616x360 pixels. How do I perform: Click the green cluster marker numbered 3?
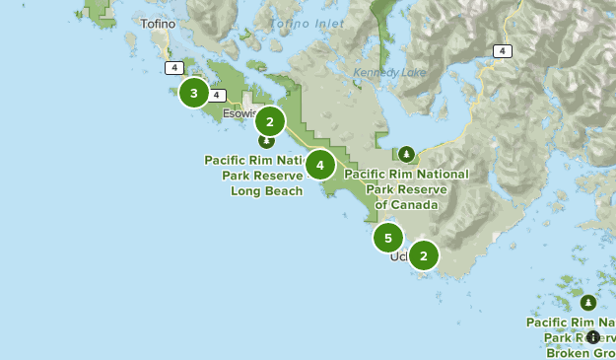193,94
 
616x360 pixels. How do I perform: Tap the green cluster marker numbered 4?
319,165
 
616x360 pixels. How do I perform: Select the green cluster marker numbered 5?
388,238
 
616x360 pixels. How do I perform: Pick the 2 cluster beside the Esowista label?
269,121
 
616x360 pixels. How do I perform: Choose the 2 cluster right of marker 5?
423,255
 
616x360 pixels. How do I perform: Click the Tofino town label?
158,24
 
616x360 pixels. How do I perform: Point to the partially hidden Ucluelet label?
398,256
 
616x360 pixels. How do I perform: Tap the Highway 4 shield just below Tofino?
174,68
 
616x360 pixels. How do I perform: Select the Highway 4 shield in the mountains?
504,50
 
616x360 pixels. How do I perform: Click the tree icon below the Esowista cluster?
266,141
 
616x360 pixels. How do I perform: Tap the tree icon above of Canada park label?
406,154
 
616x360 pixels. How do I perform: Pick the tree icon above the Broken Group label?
587,303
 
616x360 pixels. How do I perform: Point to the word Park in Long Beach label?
240,175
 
